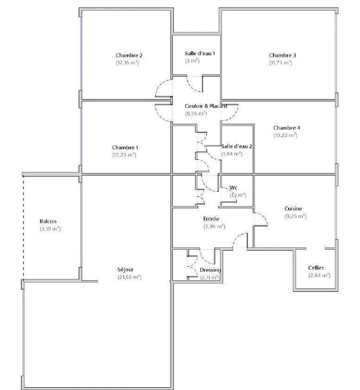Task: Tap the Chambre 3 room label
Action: (x=282, y=56)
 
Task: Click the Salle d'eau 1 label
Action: (x=200, y=53)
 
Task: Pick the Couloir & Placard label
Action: (x=206, y=106)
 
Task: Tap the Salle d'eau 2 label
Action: (x=236, y=146)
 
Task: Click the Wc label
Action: (x=234, y=188)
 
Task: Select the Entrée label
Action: (x=211, y=219)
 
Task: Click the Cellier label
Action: (x=316, y=268)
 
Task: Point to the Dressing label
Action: (x=210, y=270)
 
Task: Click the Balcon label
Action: (x=48, y=221)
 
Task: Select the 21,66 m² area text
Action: (x=129, y=277)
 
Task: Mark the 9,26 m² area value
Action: (x=295, y=216)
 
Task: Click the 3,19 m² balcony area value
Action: (x=51, y=229)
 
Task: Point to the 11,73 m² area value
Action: (x=281, y=63)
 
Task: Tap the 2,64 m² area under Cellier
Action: (x=319, y=275)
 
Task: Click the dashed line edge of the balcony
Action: (x=23, y=227)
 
